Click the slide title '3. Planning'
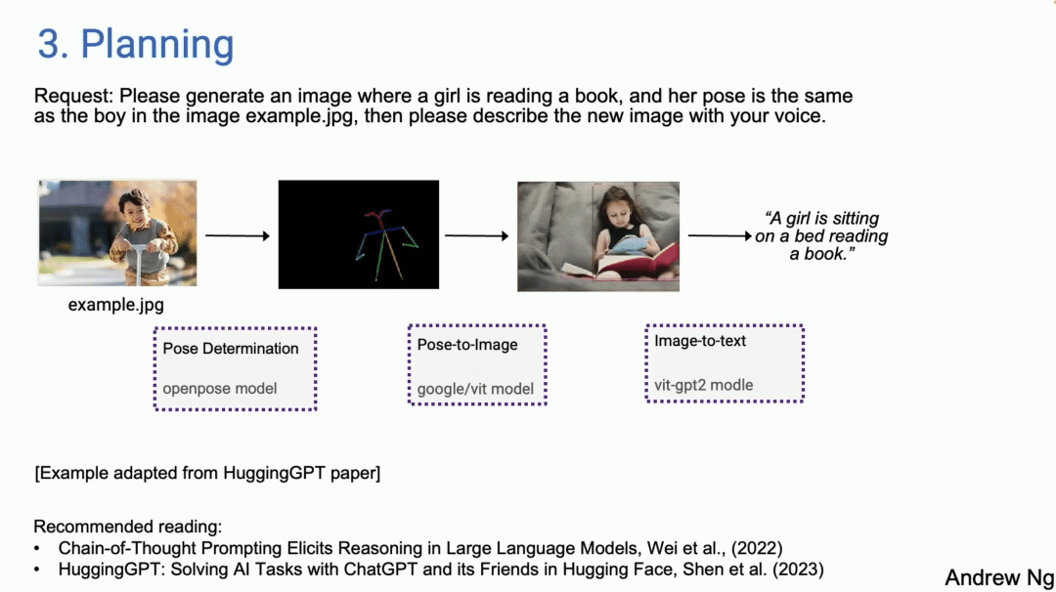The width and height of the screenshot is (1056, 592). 136,45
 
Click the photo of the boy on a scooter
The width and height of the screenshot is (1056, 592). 117,233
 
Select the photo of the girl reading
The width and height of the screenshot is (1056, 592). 597,235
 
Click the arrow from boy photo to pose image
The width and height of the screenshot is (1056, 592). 238,235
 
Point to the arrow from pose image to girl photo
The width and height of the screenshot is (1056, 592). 476,235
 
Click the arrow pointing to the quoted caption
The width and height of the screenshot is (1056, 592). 721,235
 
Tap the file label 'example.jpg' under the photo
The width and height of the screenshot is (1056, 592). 115,305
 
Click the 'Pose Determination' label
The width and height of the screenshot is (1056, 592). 231,349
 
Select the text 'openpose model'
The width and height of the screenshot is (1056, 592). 220,388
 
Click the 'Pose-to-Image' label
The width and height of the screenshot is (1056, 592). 467,344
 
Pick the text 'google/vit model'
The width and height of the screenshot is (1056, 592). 475,389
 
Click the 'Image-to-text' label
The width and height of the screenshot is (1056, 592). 700,341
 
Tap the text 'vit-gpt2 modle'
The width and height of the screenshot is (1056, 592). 704,385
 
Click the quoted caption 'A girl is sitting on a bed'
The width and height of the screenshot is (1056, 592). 821,235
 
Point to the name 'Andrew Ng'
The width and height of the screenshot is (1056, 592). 998,577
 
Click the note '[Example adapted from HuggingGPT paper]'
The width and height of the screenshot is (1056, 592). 207,474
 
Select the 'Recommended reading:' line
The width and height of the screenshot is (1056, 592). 128,527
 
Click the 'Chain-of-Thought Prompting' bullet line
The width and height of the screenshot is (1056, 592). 420,548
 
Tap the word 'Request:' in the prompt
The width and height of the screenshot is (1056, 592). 74,97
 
